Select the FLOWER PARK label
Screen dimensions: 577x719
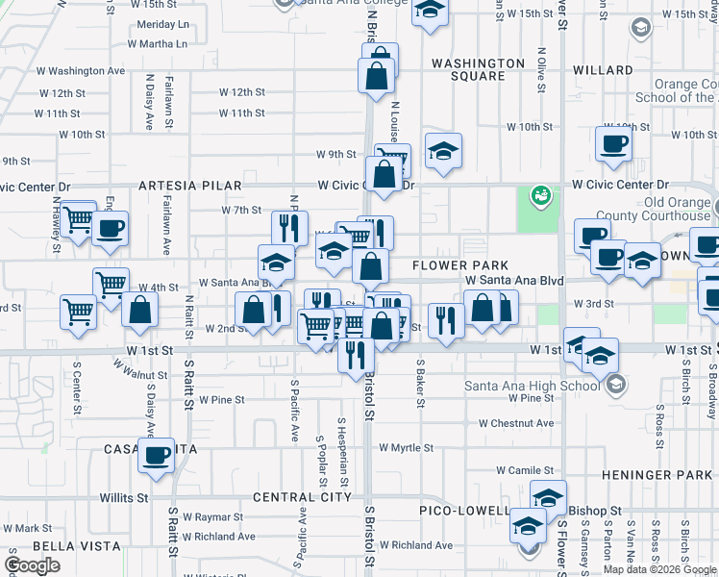click(453, 264)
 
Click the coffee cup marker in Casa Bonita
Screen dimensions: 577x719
click(156, 456)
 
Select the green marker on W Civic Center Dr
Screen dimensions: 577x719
click(540, 194)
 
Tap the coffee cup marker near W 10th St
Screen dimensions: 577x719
click(612, 144)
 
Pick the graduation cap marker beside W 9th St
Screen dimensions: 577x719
click(443, 151)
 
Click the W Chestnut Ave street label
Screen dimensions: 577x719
click(516, 423)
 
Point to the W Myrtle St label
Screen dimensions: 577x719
click(409, 448)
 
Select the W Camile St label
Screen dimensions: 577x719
click(526, 470)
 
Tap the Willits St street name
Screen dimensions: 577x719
click(124, 498)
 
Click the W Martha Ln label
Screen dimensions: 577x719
click(157, 44)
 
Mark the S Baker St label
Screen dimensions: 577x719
click(420, 382)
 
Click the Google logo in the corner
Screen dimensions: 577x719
click(32, 564)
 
